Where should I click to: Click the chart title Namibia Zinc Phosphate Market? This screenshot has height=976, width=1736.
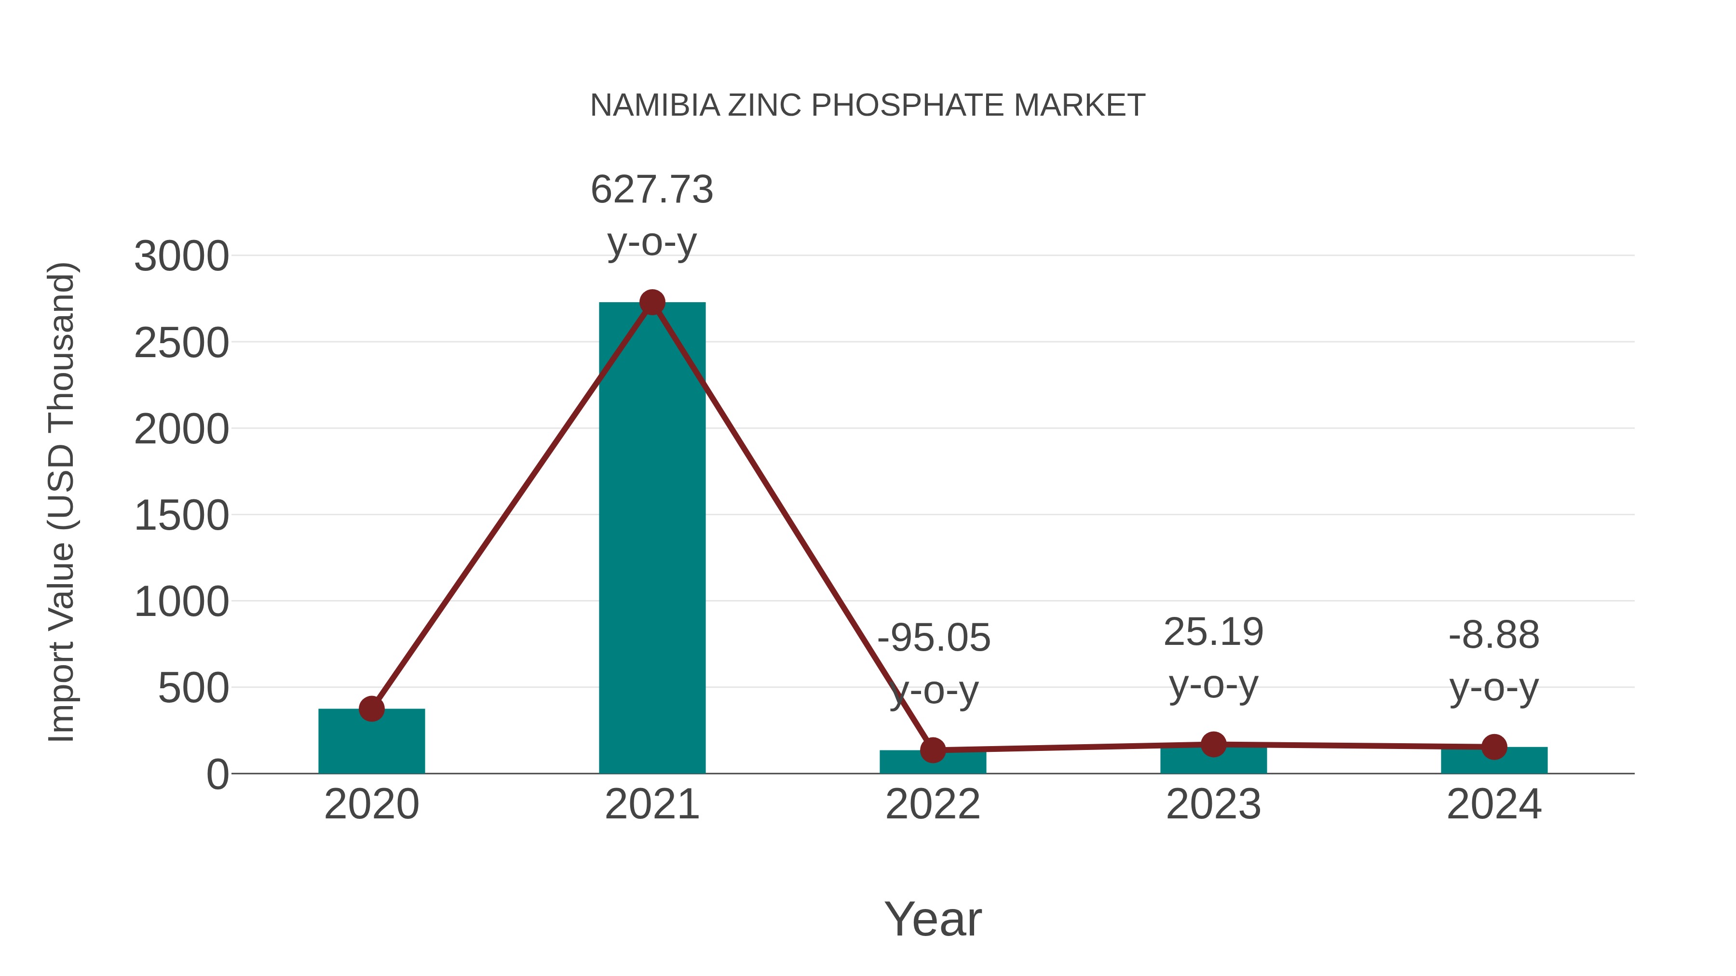coord(868,106)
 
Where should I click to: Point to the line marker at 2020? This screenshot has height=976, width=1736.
coord(371,709)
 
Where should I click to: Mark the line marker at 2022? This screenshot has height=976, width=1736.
coord(933,749)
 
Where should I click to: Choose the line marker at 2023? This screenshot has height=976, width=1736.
coord(1213,744)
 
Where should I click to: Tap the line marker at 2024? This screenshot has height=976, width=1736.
coord(1494,746)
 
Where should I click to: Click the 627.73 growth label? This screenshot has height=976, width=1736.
coord(651,189)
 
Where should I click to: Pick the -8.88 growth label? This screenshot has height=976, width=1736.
coord(1494,635)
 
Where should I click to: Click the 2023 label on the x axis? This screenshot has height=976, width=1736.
coord(1213,804)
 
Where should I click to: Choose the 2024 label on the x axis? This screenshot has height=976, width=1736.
coord(1494,804)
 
